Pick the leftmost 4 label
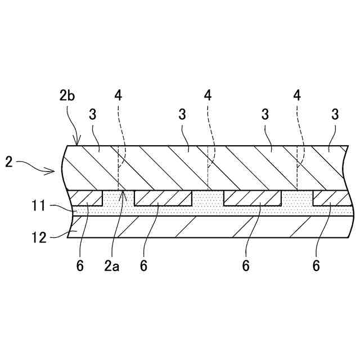point(118,95)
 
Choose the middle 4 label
point(208,95)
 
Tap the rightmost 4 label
point(297,95)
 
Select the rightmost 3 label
point(335,115)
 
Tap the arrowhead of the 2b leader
point(78,145)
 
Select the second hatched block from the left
point(163,198)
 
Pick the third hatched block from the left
point(253,198)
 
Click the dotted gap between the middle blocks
point(208,199)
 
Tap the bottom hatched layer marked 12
point(208,227)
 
